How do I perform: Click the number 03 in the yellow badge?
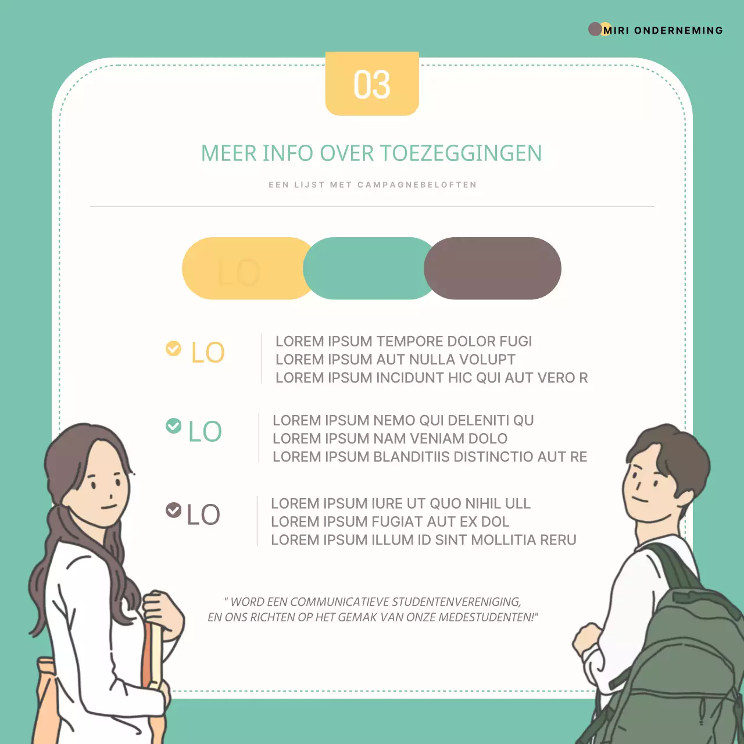pyautogui.click(x=372, y=85)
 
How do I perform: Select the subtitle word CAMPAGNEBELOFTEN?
pyautogui.click(x=417, y=185)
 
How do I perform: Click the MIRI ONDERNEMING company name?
pyautogui.click(x=663, y=30)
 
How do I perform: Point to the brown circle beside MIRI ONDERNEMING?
pyautogui.click(x=595, y=29)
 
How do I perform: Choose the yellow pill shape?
pyautogui.click(x=244, y=269)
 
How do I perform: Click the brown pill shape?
pyautogui.click(x=493, y=269)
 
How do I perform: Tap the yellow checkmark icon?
pyautogui.click(x=173, y=348)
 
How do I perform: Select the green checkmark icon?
pyautogui.click(x=173, y=426)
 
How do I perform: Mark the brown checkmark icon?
pyautogui.click(x=173, y=510)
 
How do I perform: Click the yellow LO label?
pyautogui.click(x=208, y=353)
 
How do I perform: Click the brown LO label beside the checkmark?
pyautogui.click(x=203, y=515)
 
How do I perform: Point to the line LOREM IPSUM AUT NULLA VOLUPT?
pyautogui.click(x=395, y=360)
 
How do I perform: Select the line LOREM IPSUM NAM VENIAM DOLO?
pyautogui.click(x=390, y=439)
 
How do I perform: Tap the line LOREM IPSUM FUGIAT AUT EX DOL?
pyautogui.click(x=390, y=522)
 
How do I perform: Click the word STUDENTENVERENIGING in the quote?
pyautogui.click(x=456, y=602)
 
